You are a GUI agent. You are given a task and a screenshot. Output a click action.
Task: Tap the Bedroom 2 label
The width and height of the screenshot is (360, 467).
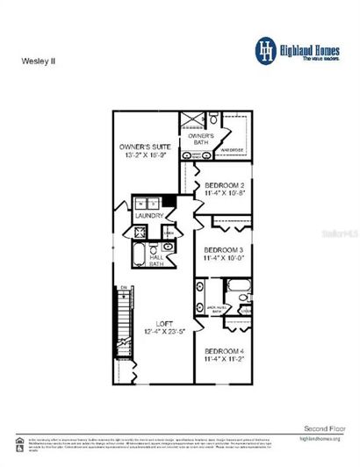(224, 185)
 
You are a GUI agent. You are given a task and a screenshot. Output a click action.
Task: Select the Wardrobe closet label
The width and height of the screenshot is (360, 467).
(232, 148)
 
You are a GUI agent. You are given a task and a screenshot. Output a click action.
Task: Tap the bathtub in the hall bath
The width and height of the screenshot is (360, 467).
(140, 255)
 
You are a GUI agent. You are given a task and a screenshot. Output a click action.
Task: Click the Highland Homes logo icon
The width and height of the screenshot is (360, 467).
(265, 49)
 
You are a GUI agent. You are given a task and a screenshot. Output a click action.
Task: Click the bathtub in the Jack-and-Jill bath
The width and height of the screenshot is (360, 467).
(236, 286)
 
